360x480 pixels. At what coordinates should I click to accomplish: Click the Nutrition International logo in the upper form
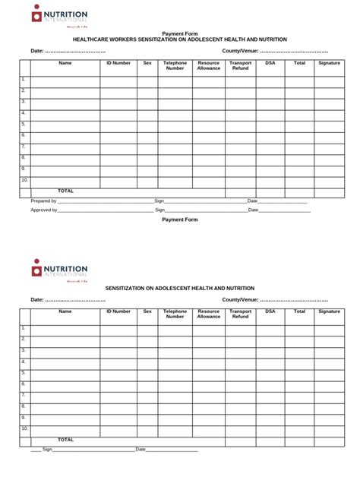pos(59,16)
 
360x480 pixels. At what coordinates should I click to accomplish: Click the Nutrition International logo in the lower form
pos(59,270)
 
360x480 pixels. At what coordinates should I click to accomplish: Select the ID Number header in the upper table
pos(118,63)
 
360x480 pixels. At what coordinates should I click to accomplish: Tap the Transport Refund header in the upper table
pos(240,65)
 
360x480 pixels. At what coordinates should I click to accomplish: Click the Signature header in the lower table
pos(329,311)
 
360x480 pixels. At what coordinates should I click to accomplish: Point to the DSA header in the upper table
pos(270,63)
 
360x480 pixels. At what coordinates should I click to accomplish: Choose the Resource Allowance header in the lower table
pos(208,314)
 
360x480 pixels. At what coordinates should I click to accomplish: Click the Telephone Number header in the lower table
pos(175,314)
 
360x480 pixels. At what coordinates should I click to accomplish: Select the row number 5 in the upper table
pos(24,124)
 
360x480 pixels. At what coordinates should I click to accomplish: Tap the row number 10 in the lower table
pos(24,428)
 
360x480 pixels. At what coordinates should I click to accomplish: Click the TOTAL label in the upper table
pos(65,191)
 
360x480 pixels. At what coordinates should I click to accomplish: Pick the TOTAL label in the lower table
pos(65,439)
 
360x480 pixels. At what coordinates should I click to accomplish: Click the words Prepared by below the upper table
pos(43,201)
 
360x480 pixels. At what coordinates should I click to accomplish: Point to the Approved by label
pos(44,210)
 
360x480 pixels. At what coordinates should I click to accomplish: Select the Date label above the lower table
pos(37,299)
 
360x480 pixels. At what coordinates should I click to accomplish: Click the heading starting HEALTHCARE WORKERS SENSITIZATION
pos(179,39)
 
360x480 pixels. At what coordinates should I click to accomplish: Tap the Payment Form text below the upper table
pos(180,219)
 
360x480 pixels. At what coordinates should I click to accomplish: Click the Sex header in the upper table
pos(147,63)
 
